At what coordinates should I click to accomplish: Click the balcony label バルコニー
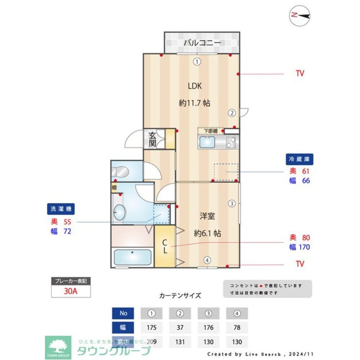[202, 43]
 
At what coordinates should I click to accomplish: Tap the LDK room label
[195, 86]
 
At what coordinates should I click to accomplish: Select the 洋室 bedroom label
[207, 216]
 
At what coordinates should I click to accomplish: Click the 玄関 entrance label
[153, 139]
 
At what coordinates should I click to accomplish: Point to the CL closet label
[164, 247]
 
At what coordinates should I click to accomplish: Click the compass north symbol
[300, 15]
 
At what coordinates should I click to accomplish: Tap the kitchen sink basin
[207, 143]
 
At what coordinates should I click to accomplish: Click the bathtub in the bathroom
[132, 257]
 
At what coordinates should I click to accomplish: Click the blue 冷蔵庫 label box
[300, 159]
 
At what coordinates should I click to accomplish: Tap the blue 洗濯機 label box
[60, 209]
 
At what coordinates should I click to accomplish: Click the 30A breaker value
[71, 291]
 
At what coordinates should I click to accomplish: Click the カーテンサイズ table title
[180, 296]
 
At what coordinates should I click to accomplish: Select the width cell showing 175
[152, 328]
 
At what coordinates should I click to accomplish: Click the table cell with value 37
[180, 328]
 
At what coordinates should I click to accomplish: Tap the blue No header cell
[123, 313]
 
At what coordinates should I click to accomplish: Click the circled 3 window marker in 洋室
[232, 203]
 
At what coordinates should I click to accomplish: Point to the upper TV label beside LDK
[300, 74]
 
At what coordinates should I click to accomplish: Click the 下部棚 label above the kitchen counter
[211, 131]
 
